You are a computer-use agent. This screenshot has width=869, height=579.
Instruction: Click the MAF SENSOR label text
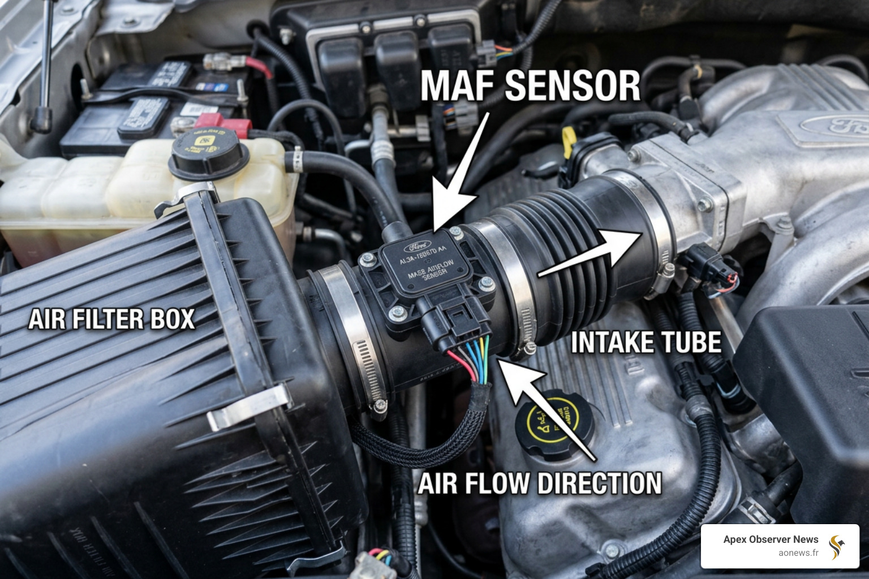(x=530, y=87)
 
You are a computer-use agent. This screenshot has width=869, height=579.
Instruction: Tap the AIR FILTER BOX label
(x=111, y=319)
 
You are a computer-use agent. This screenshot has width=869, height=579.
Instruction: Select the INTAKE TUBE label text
(x=646, y=343)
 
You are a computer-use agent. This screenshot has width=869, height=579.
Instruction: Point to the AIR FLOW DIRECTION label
(x=540, y=484)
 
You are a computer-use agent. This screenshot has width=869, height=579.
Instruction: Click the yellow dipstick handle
(x=567, y=145)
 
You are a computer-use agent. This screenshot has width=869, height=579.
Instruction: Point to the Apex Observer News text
(x=771, y=539)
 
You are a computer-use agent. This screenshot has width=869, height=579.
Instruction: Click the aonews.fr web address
(x=798, y=552)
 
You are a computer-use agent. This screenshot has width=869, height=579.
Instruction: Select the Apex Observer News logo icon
(x=837, y=547)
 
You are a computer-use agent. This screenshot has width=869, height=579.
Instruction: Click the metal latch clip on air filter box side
(x=249, y=405)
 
